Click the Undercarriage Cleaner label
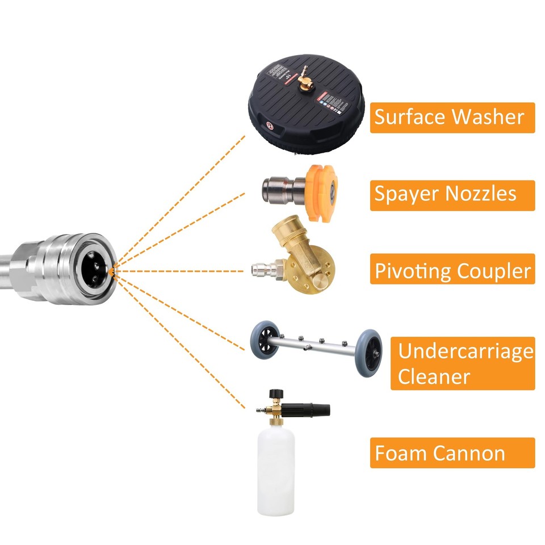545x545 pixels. click(x=462, y=363)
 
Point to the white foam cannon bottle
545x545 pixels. click(x=276, y=471)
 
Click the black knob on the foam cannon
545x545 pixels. click(x=276, y=393)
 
